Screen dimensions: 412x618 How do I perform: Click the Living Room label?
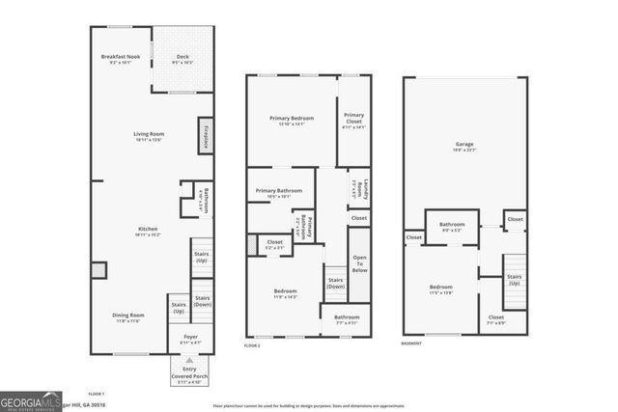[x=148, y=136]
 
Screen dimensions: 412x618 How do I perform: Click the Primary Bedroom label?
[x=291, y=120]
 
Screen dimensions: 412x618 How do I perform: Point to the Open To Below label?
[x=359, y=264]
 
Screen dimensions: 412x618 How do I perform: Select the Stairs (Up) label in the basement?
[x=514, y=280]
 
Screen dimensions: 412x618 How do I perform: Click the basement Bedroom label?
[x=440, y=288]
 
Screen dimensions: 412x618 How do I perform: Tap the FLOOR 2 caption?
[x=252, y=344]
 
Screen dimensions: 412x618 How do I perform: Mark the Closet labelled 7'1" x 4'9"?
[x=495, y=319]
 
